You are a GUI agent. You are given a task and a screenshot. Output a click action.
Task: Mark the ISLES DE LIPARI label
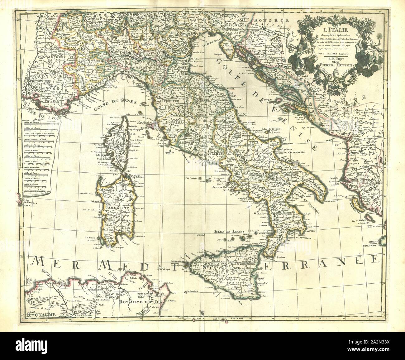226,232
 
